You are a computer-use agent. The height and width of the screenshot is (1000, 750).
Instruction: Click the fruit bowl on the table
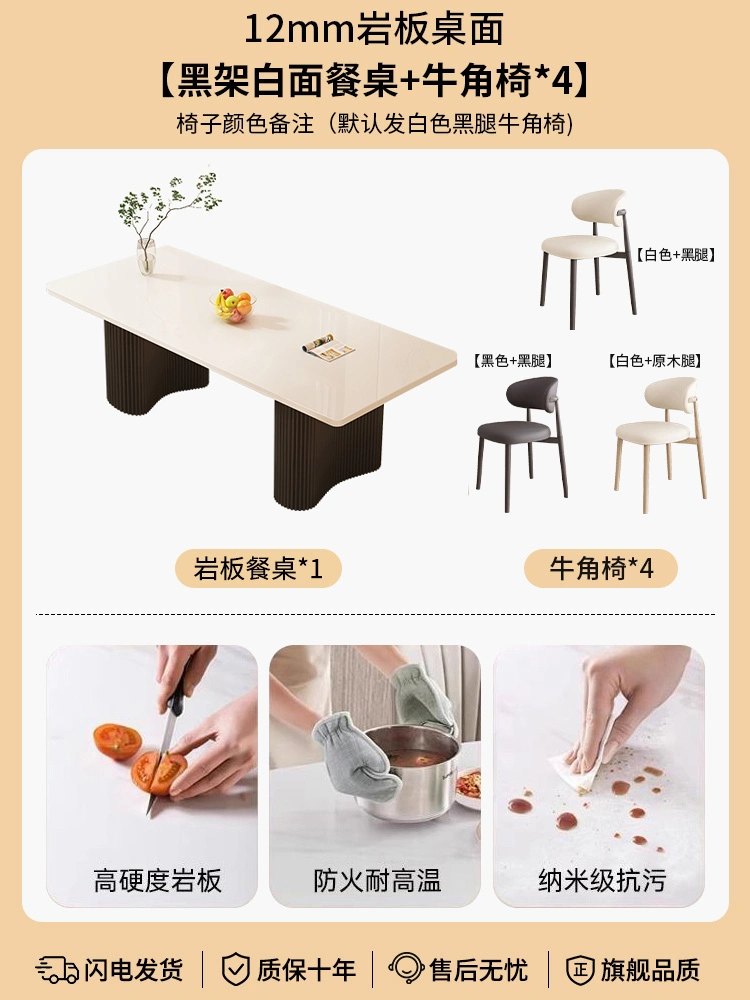click(x=233, y=305)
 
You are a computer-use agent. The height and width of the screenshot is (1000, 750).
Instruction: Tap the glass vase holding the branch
click(x=146, y=256)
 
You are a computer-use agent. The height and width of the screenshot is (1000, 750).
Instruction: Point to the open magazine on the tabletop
click(x=328, y=348)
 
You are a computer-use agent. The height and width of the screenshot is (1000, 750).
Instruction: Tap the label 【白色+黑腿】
click(x=676, y=255)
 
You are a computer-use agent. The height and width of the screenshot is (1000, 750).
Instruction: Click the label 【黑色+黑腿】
click(x=513, y=361)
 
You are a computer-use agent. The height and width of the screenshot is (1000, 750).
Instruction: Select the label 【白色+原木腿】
click(x=655, y=361)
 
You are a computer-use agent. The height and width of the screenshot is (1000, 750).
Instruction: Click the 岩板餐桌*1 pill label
click(x=258, y=568)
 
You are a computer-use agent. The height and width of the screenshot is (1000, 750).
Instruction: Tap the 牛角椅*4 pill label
click(x=601, y=568)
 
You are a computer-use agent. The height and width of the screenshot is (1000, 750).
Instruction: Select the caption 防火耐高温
click(x=377, y=881)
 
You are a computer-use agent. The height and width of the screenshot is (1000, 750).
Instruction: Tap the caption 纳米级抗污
click(x=601, y=881)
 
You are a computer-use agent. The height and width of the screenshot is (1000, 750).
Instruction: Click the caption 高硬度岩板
click(x=158, y=881)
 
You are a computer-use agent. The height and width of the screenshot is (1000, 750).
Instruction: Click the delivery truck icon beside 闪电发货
click(x=57, y=969)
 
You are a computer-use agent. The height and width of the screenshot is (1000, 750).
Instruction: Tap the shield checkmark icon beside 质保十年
click(x=235, y=969)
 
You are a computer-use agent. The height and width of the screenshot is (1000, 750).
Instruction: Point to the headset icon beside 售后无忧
click(x=406, y=969)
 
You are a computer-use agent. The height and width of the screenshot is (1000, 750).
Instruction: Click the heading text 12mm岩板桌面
click(x=374, y=29)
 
